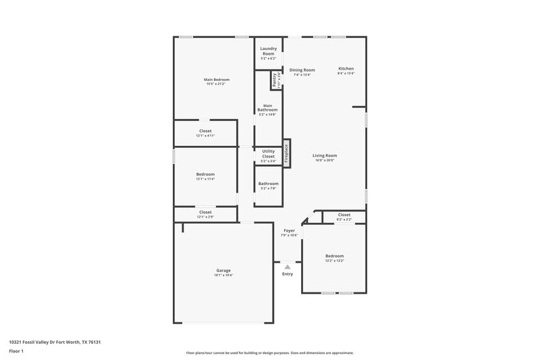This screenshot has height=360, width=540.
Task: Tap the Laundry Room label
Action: (268, 51)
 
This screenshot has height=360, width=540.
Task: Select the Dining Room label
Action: (302, 70)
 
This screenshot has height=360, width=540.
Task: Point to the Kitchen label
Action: (346, 69)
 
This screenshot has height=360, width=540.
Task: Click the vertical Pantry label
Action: (275, 81)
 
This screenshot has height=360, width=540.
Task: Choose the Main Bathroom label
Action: (268, 107)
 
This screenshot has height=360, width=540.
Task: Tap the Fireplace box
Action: (286, 155)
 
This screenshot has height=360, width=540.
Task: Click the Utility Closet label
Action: (268, 153)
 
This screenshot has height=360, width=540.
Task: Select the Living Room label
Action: (325, 155)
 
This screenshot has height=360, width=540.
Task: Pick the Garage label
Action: (223, 270)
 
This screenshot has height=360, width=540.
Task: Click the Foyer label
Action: (289, 230)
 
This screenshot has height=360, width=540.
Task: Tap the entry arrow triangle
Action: (287, 267)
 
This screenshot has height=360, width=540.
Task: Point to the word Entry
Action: (288, 274)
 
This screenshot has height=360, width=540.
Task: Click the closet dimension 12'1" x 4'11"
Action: (205, 136)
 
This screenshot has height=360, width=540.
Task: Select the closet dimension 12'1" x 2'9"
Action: (205, 217)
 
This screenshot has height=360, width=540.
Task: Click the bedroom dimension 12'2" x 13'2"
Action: (334, 261)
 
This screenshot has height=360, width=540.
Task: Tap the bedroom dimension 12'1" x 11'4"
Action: (205, 179)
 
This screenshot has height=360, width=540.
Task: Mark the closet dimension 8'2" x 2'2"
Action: (344, 220)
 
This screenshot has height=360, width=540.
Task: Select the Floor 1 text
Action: (16, 352)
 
